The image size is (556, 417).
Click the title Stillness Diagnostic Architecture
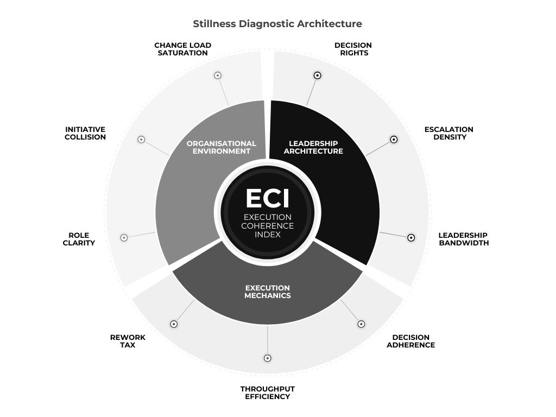click(x=277, y=24)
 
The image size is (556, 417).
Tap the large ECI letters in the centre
click(x=267, y=199)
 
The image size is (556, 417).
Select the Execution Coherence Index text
click(x=267, y=226)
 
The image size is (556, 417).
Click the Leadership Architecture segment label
click(x=313, y=147)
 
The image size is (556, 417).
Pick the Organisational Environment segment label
click(x=222, y=147)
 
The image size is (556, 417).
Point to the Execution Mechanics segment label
click(x=268, y=292)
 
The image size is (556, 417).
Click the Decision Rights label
click(x=353, y=49)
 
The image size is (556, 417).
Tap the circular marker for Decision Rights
click(x=318, y=75)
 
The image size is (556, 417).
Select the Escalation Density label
click(x=449, y=133)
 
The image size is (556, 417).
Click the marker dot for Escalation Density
click(x=394, y=140)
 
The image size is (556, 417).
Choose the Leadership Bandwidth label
click(x=463, y=239)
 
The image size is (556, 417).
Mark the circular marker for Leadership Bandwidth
click(x=411, y=237)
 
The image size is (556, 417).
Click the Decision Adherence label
click(x=410, y=341)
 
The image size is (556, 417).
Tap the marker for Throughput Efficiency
click(x=267, y=358)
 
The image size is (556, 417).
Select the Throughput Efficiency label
click(x=267, y=393)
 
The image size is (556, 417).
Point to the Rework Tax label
click(x=128, y=341)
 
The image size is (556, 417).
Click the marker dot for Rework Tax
click(x=174, y=324)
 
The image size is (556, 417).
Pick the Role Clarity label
click(x=79, y=239)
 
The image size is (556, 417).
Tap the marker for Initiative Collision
click(x=141, y=140)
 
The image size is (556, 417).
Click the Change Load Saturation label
click(x=182, y=49)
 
